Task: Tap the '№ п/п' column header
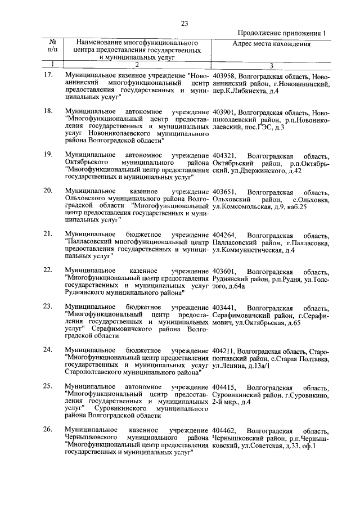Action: click(52, 46)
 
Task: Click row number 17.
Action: click(48, 75)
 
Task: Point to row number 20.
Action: click(48, 192)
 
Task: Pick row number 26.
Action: click(48, 430)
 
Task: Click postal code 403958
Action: click(225, 75)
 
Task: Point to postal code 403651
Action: click(225, 192)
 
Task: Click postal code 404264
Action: click(225, 235)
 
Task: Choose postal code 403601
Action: click(225, 272)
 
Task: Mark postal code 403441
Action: click(225, 308)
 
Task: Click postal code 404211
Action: click(225, 351)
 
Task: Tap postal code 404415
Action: click(225, 388)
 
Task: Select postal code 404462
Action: click(225, 430)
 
